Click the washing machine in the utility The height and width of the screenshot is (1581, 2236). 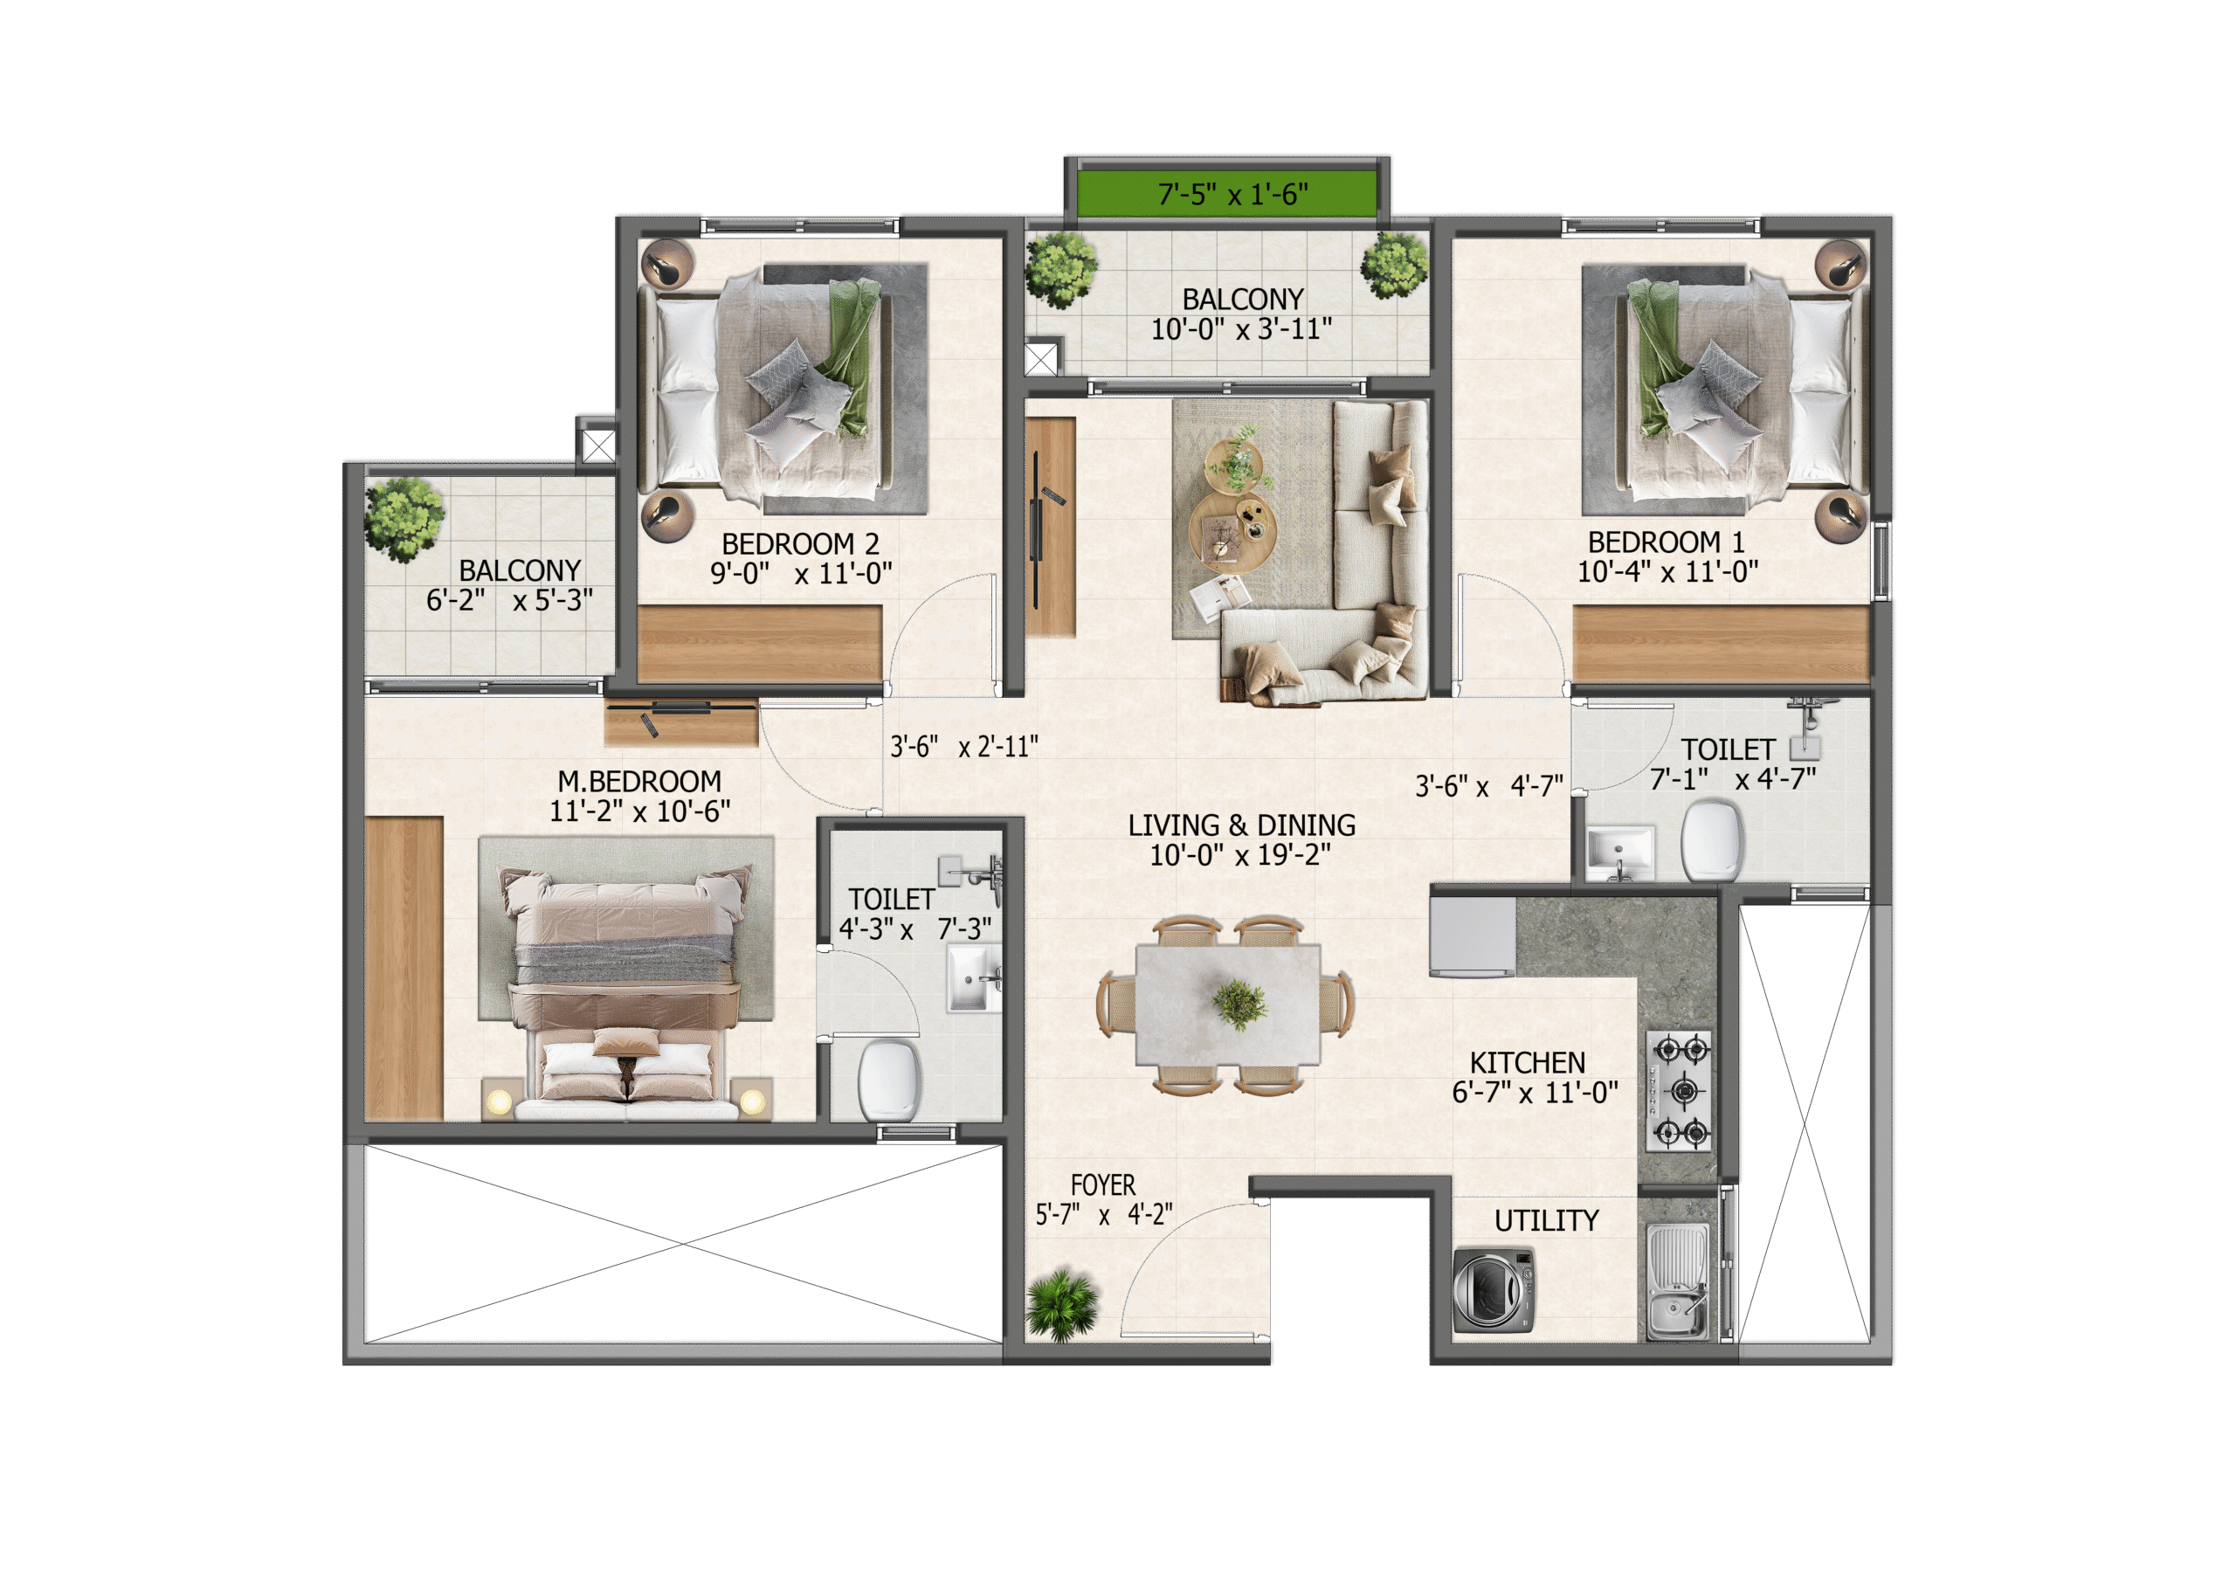coord(1493,1290)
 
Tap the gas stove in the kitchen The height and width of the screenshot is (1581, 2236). coord(1679,1090)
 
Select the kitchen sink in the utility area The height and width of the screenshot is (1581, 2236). coord(1677,1281)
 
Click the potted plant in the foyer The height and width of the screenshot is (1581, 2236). coord(1061,1304)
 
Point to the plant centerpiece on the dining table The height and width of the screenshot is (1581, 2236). coord(1239,1005)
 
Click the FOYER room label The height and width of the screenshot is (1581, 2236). coord(1102,1185)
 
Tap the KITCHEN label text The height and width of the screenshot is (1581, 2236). coord(1527,1063)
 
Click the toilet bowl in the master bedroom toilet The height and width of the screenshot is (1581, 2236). coord(889,1080)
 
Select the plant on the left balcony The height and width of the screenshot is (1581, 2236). coord(404,518)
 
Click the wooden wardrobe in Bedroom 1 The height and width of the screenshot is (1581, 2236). coord(1721,643)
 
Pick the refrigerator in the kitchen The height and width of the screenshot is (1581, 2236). coord(1472,936)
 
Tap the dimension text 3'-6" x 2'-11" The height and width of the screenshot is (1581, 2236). coord(964,747)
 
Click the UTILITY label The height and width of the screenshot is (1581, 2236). coord(1547,1220)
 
